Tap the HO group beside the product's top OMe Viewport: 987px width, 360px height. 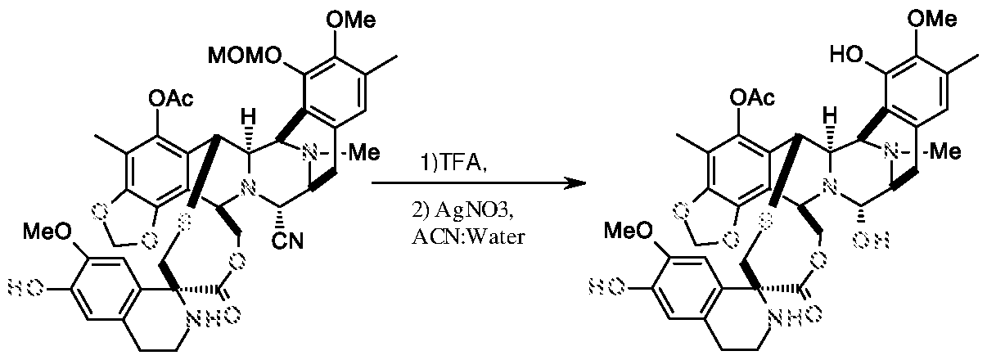tap(845, 58)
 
